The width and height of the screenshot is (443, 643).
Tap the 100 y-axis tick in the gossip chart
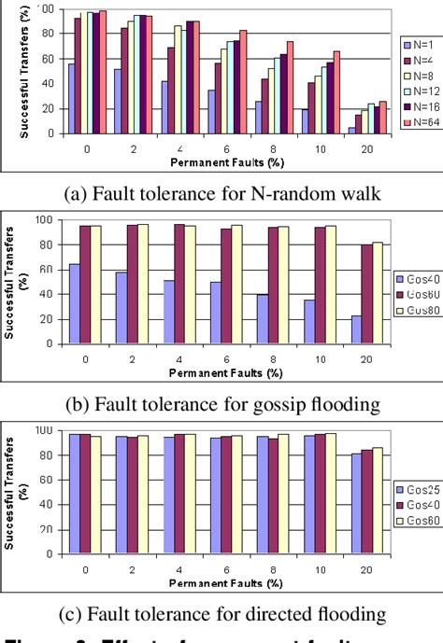[43, 220]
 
